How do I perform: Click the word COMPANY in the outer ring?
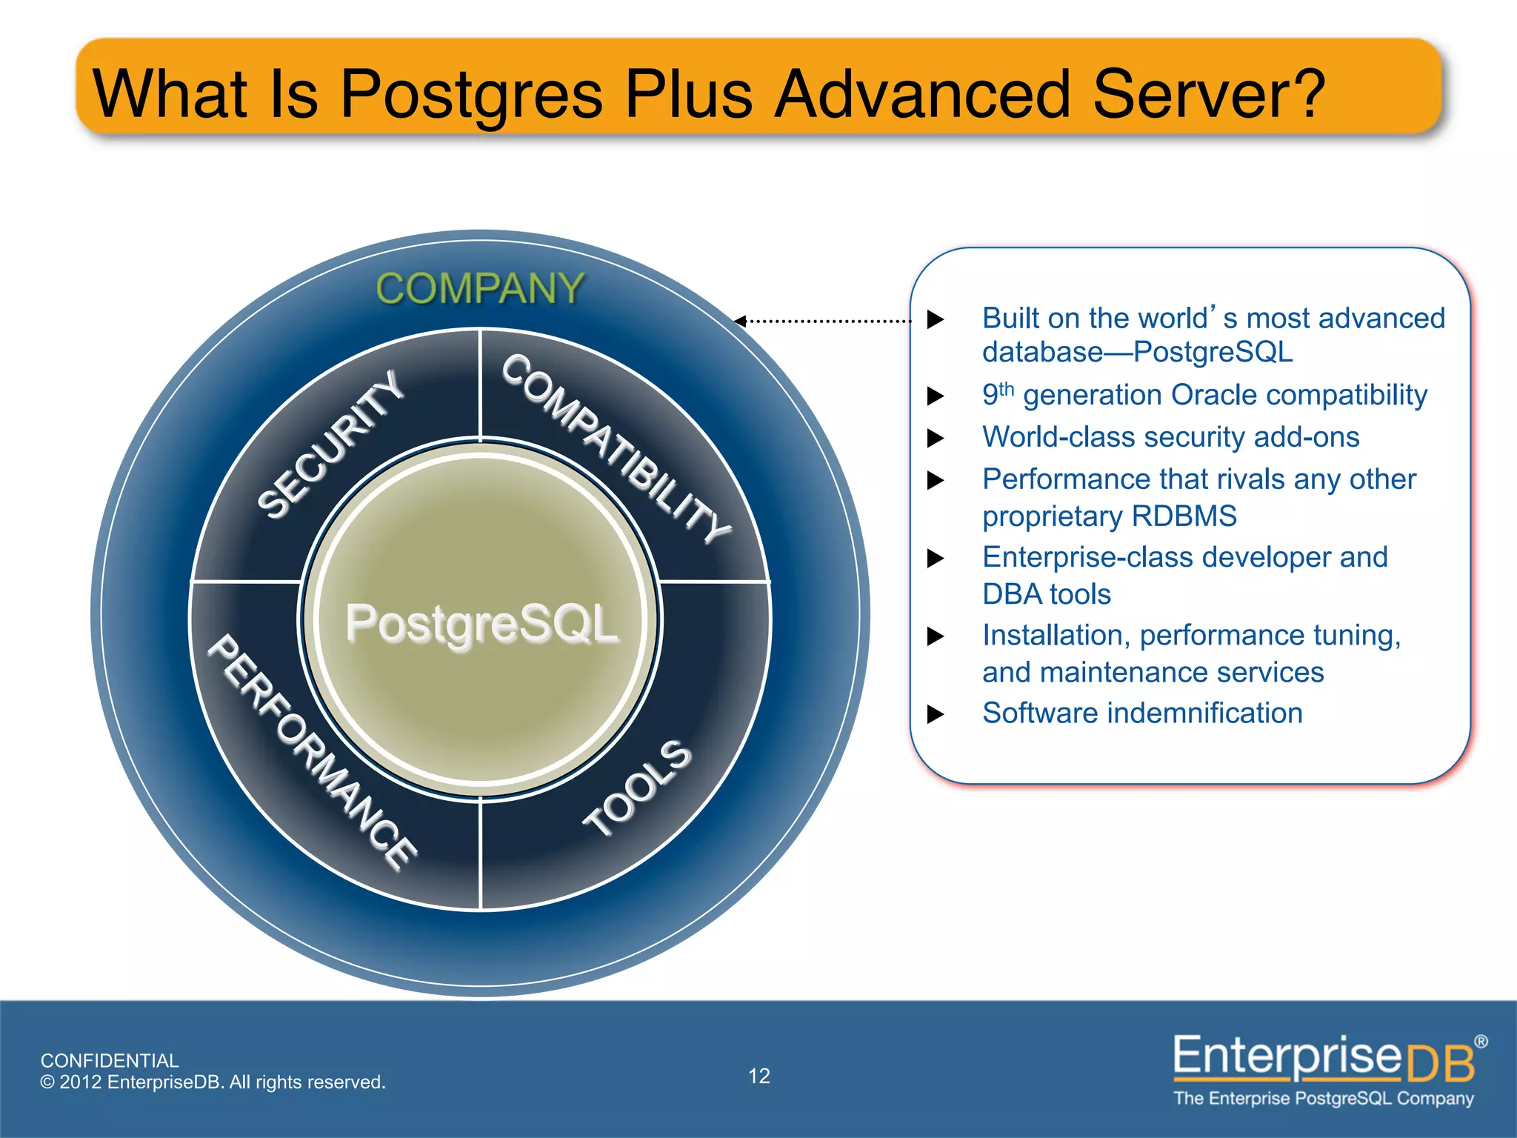click(x=480, y=288)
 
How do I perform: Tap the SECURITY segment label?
click(x=330, y=445)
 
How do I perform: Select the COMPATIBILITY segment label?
click(x=616, y=448)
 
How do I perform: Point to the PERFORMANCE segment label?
click(x=312, y=751)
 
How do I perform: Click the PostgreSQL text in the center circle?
click(x=481, y=623)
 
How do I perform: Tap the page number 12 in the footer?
click(x=759, y=1076)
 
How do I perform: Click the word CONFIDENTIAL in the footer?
click(x=110, y=1060)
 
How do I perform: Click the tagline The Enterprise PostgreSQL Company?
click(x=1324, y=1098)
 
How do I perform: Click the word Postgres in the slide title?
click(x=472, y=94)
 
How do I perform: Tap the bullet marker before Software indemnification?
click(x=936, y=714)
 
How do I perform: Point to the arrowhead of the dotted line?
click(x=739, y=321)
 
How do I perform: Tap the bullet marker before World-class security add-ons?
click(x=936, y=438)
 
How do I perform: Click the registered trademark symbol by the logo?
click(x=1481, y=1042)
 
